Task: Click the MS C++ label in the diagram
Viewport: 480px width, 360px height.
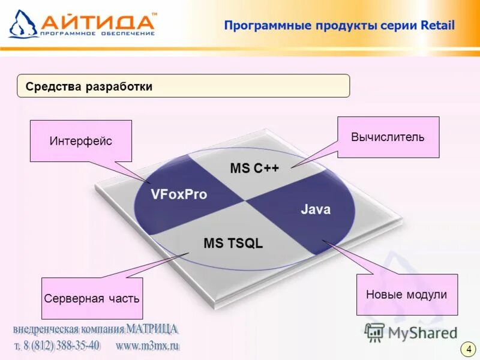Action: click(254, 169)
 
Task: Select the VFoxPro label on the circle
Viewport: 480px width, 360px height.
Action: click(179, 194)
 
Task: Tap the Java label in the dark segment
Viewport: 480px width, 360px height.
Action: click(315, 209)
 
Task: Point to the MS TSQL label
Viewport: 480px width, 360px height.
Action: click(233, 244)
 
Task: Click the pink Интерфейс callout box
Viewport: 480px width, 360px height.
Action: click(81, 141)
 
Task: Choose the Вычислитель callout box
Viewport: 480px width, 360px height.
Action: click(388, 137)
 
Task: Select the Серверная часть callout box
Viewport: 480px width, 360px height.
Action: click(92, 298)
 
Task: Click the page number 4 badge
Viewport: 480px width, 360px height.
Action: click(468, 349)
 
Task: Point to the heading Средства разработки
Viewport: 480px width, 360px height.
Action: click(89, 86)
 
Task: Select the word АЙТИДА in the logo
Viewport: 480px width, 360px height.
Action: click(98, 22)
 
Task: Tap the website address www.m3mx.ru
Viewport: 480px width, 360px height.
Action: click(148, 346)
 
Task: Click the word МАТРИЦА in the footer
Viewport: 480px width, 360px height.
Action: click(152, 329)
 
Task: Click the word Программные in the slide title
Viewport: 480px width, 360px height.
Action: click(261, 25)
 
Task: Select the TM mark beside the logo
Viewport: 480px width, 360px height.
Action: click(154, 13)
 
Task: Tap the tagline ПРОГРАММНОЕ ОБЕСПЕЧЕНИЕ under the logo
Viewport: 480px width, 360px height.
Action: click(97, 34)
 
